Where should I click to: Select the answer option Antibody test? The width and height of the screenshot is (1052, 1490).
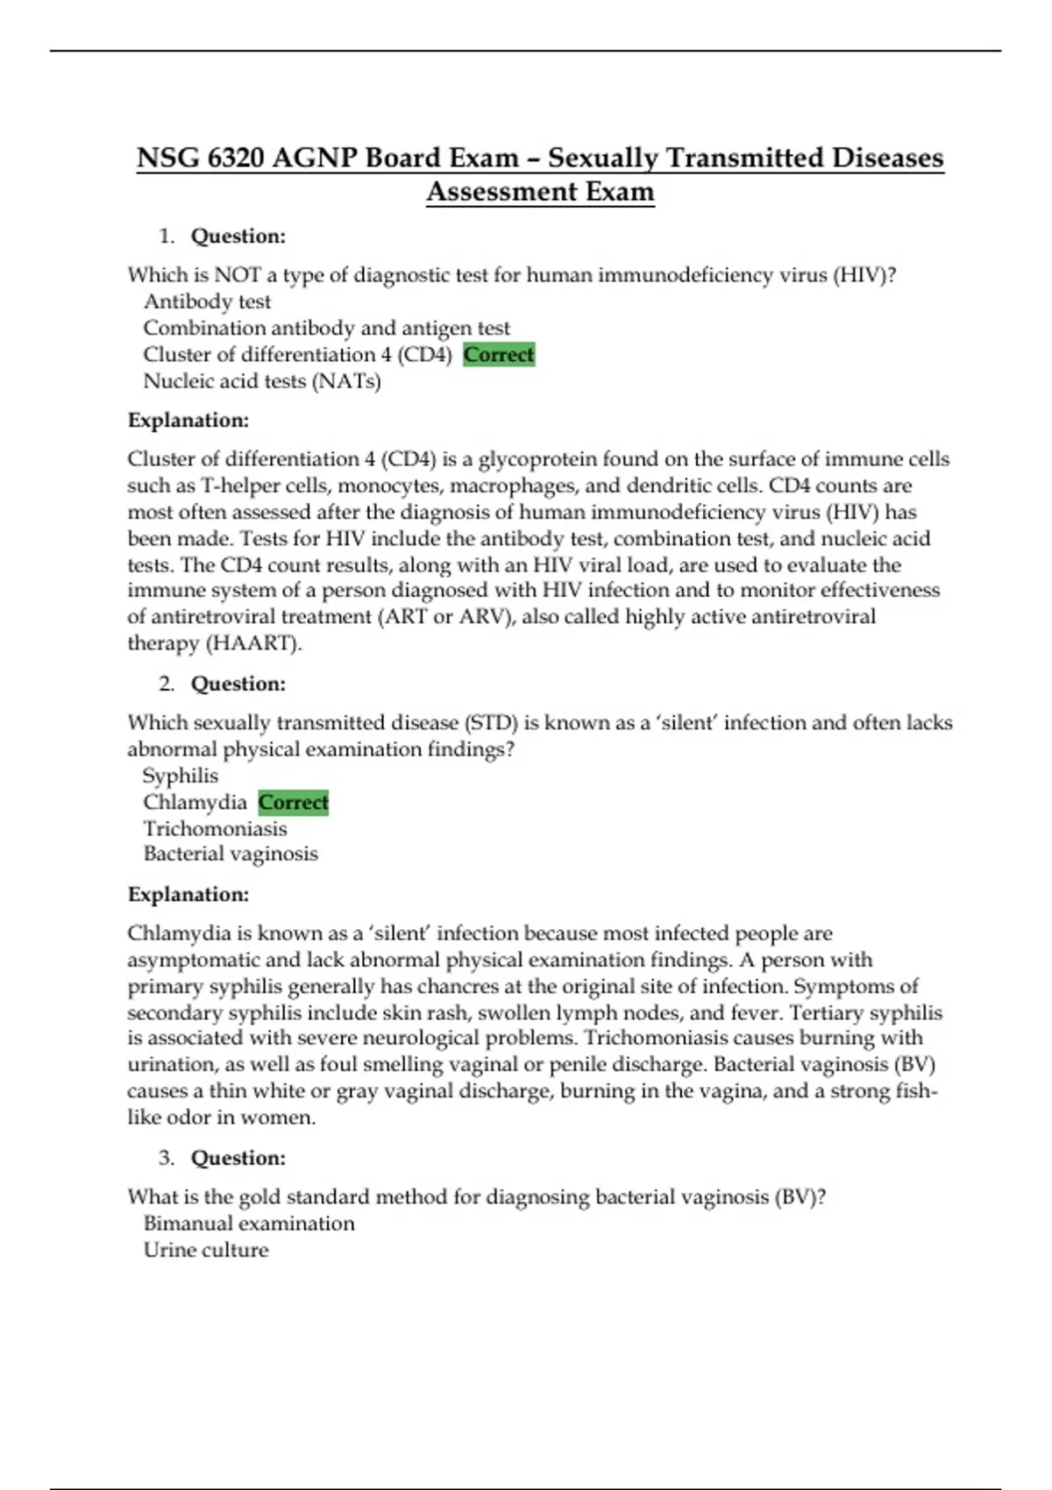point(207,302)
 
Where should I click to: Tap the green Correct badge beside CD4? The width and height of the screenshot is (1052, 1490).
point(499,355)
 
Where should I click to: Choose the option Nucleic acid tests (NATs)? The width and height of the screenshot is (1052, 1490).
point(262,381)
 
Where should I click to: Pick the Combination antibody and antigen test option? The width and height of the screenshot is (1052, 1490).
point(326,328)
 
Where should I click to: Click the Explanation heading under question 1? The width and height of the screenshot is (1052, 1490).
point(188,421)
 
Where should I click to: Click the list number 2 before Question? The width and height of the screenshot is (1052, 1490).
point(167,684)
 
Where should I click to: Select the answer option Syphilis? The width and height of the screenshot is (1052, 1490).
point(181,776)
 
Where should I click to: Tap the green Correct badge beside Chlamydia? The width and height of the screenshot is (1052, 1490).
point(294,803)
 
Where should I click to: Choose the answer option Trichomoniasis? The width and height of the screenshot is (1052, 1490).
point(215,829)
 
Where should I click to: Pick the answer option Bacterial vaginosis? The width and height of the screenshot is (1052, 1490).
point(231,855)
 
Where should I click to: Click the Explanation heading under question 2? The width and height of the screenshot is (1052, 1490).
point(188,895)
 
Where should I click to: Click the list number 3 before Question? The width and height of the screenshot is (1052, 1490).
point(167,1158)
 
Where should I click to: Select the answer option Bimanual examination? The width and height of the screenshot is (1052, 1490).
point(249,1224)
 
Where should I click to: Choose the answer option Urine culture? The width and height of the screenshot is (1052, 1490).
point(206,1250)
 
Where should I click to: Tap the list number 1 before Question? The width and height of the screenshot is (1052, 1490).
point(167,237)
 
